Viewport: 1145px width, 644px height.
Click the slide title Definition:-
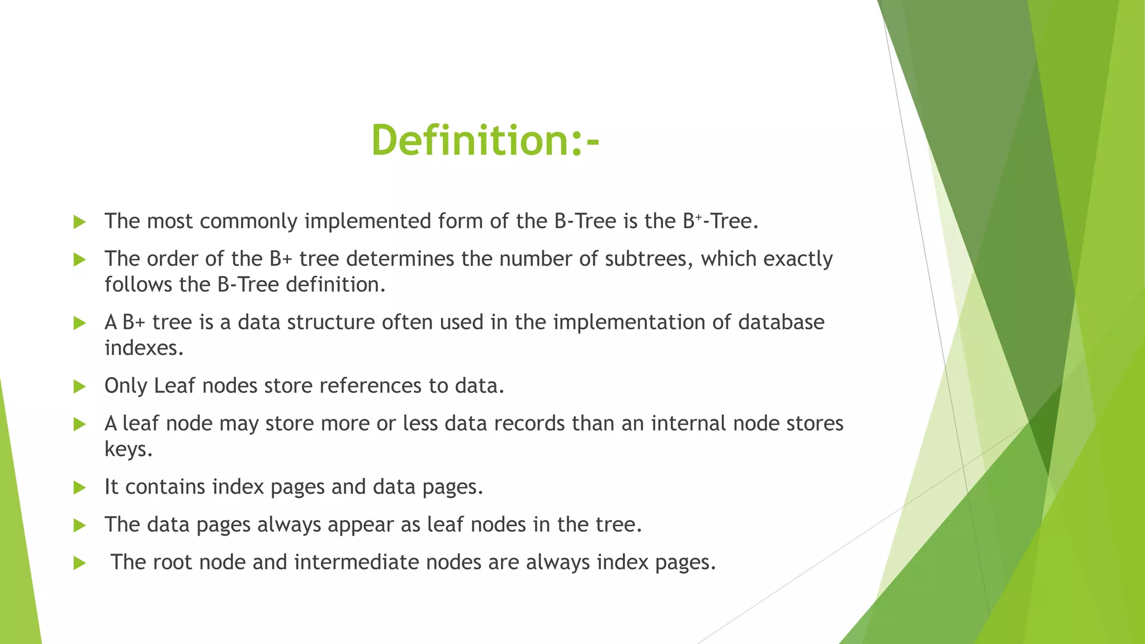click(485, 140)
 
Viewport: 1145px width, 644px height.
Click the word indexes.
click(144, 348)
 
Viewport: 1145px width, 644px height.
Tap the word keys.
click(129, 449)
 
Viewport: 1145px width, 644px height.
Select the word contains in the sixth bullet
click(165, 487)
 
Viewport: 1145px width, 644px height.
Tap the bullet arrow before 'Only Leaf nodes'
click(79, 386)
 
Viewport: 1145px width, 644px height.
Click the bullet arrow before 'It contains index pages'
click(79, 487)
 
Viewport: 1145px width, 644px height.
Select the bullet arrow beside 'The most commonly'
click(79, 222)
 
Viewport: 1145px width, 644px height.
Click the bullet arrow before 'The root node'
click(79, 563)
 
